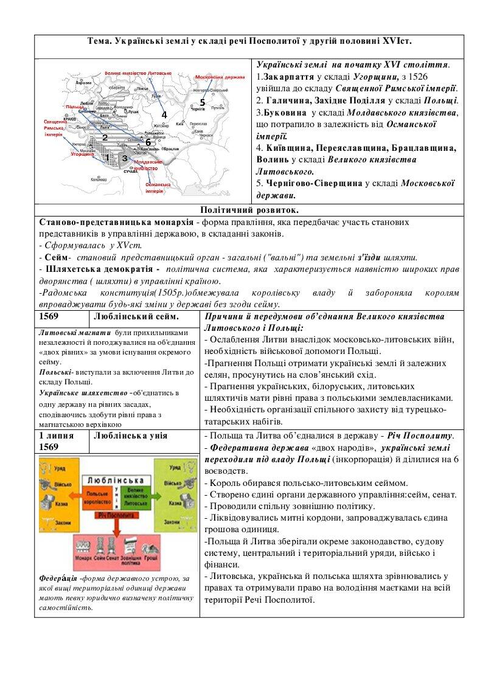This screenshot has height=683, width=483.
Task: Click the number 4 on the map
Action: pos(164,114)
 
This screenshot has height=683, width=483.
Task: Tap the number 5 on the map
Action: pos(203,102)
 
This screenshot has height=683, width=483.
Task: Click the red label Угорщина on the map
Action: pos(82,154)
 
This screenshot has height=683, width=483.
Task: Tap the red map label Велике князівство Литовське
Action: pos(138,72)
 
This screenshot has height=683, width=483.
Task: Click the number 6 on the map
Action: pos(147,142)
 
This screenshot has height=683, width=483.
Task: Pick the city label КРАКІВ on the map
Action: pos(70,119)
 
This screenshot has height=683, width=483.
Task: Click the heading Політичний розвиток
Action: pos(249,210)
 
